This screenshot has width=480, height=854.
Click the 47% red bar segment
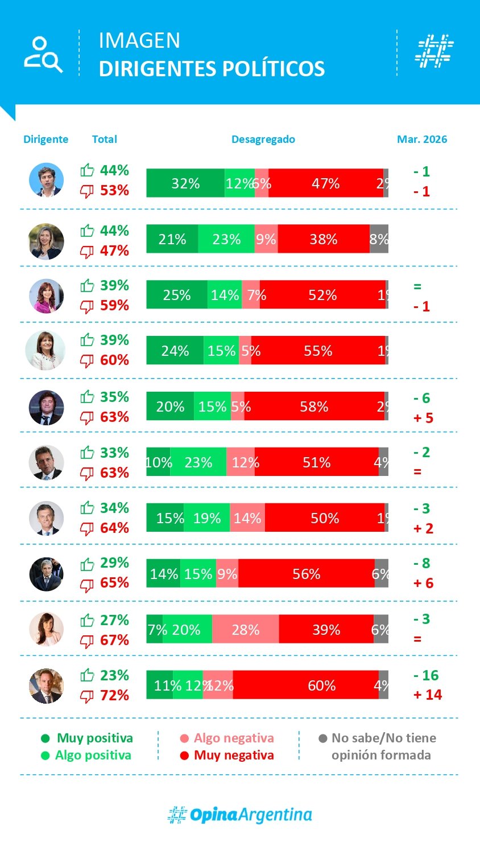tap(325, 183)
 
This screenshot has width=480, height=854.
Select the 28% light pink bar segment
tap(245, 630)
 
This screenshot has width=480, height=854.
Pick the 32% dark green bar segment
tap(185, 183)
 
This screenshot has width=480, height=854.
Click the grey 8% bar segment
tap(379, 239)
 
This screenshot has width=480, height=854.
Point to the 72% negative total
tap(114, 695)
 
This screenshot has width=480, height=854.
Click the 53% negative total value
tap(114, 190)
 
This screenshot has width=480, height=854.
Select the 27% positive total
tap(114, 620)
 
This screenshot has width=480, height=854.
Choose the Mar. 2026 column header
tap(422, 139)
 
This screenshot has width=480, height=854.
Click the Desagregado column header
tap(263, 139)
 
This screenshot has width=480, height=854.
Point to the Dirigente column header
tap(45, 139)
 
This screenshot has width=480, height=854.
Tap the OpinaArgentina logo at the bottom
tap(240, 815)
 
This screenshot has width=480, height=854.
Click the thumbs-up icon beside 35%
tap(87, 397)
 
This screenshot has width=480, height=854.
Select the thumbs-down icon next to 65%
tap(87, 584)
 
